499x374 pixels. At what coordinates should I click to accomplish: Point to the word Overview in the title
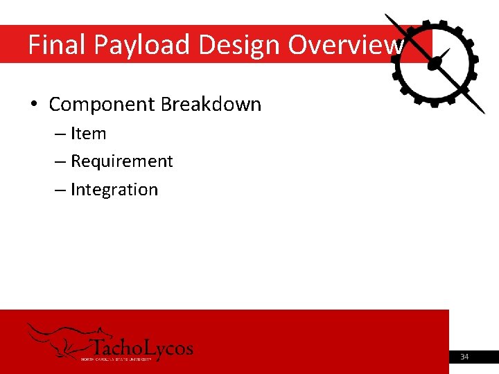coord(344,45)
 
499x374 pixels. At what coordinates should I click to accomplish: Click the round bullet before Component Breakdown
coord(34,105)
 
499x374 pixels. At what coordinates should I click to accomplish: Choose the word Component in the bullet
coord(102,105)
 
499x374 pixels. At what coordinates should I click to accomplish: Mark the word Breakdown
coord(211,105)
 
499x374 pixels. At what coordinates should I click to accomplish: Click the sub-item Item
coord(88,134)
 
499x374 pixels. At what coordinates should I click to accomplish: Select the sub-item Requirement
coord(121,161)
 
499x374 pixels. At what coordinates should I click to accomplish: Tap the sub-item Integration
coord(114,190)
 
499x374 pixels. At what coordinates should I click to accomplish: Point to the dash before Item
coord(60,134)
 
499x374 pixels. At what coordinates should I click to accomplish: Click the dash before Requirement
coord(60,161)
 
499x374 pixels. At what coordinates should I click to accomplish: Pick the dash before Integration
coord(60,190)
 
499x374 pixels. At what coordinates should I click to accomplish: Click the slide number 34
coord(464,357)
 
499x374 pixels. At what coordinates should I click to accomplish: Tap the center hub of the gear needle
coord(435,63)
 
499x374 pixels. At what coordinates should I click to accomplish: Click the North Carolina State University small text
coord(116,359)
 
